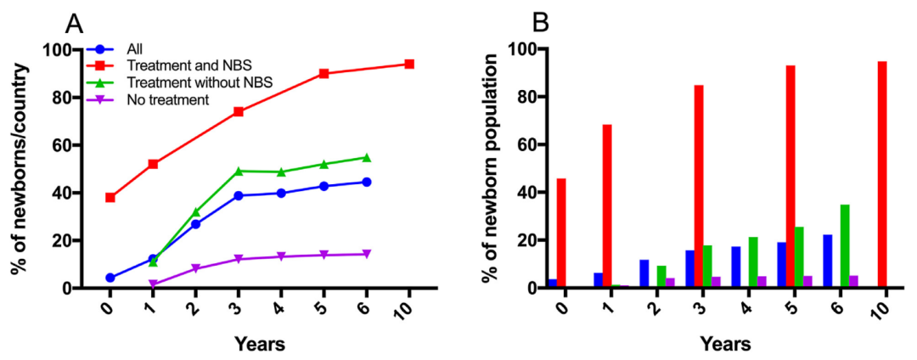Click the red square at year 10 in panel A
[x=408, y=64]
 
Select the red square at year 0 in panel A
[x=110, y=198]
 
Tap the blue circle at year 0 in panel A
[x=110, y=278]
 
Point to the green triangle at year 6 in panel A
[x=366, y=157]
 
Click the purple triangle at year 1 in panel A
[x=153, y=284]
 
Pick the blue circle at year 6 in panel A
[x=366, y=182]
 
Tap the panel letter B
[x=540, y=21]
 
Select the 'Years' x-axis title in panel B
[x=725, y=344]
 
